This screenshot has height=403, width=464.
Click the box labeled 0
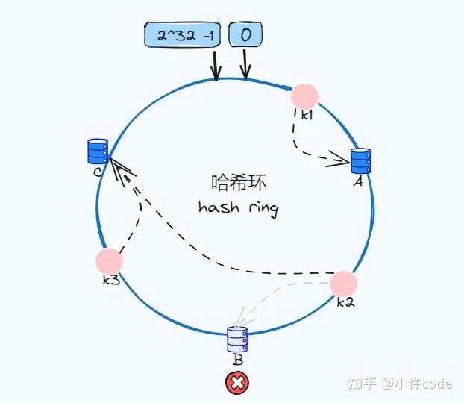click(x=245, y=34)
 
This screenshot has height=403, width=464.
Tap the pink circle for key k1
click(x=304, y=96)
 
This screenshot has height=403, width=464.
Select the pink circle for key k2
click(x=343, y=284)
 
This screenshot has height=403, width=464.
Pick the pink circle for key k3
click(x=109, y=261)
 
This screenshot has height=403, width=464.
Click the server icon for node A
click(x=360, y=160)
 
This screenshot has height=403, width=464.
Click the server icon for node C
click(x=98, y=151)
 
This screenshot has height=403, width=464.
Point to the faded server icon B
click(x=237, y=340)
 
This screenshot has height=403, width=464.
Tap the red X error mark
click(x=237, y=384)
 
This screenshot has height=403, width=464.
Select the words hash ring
click(x=239, y=207)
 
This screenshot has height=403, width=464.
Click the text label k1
click(x=308, y=115)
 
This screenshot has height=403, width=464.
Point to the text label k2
click(x=345, y=302)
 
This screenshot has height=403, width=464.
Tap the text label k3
click(x=111, y=280)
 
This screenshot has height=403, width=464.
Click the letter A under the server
click(x=357, y=181)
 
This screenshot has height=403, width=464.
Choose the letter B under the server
click(x=238, y=360)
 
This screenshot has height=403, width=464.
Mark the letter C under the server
click(x=98, y=172)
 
